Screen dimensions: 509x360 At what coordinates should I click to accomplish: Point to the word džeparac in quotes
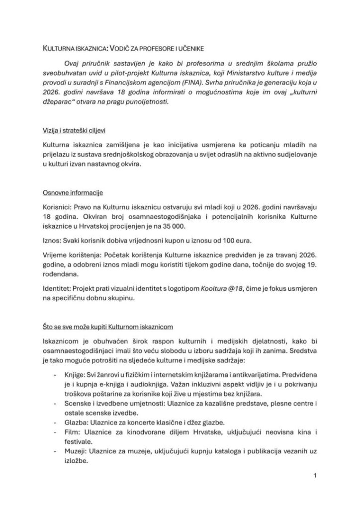pyautogui.click(x=59, y=101)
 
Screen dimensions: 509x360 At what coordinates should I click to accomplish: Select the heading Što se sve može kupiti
pyautogui.click(x=92, y=327)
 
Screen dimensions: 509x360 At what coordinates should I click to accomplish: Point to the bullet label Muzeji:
pyautogui.click(x=72, y=452)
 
